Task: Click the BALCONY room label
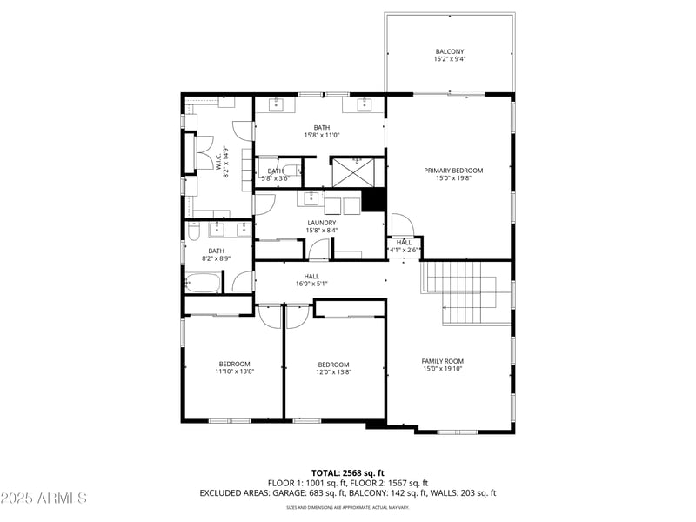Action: tap(450, 51)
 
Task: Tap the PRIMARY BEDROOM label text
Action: tap(452, 171)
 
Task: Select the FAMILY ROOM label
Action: tap(442, 361)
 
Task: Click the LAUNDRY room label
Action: tap(321, 223)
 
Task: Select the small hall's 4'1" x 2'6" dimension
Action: tap(404, 251)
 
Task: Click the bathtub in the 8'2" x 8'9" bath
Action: tap(204, 283)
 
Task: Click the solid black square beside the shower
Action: tap(373, 200)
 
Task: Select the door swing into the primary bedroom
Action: tap(398, 224)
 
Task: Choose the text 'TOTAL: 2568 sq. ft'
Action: tap(347, 473)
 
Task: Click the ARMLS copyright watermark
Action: tap(44, 499)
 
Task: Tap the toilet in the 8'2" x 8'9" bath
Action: tap(194, 230)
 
